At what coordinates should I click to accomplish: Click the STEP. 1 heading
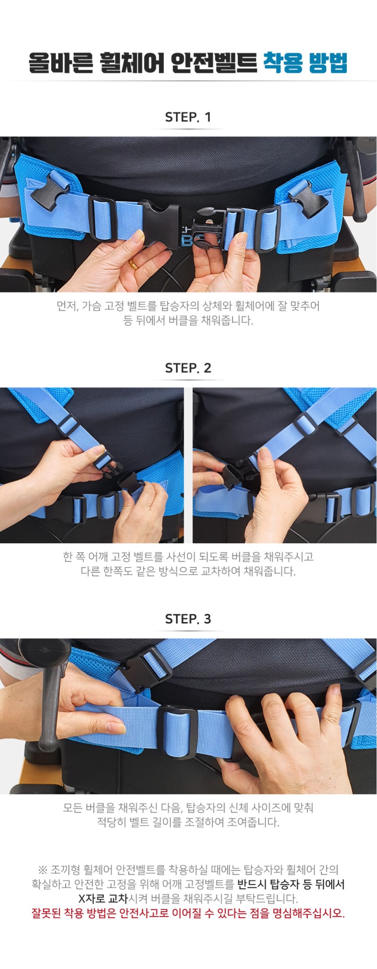coord(188,117)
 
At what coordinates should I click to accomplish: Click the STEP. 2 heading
coord(188,368)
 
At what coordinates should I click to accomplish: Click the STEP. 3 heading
coord(188,619)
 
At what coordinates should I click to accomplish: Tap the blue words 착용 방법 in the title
coord(305,63)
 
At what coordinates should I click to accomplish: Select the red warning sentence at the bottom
coord(188,913)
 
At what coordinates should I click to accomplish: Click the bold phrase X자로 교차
coord(103,898)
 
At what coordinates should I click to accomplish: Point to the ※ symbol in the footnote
coord(43,869)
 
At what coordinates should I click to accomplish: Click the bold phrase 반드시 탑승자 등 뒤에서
coord(291,884)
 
